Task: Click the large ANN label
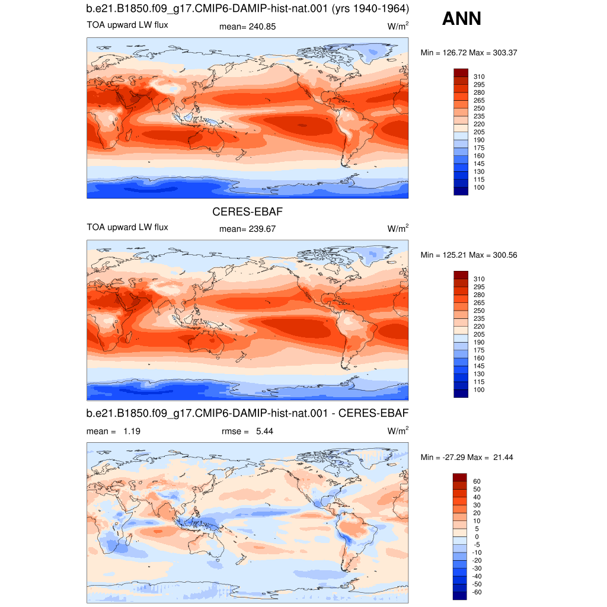(461, 18)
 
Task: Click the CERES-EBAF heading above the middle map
(247, 212)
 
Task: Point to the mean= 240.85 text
(247, 27)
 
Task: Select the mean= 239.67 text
(247, 229)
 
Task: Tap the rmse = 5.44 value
(247, 432)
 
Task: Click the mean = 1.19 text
(113, 432)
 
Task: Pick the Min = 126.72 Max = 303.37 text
(469, 53)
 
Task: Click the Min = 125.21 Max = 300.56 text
(469, 255)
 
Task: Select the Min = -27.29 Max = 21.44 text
(467, 457)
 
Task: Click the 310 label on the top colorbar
(479, 76)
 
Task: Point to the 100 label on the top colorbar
(479, 187)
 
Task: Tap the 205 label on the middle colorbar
(479, 334)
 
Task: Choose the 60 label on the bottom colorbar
(477, 481)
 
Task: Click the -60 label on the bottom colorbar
(477, 592)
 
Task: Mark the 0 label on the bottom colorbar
(477, 536)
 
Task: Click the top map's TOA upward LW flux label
(127, 25)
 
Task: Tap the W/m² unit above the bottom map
(398, 430)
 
